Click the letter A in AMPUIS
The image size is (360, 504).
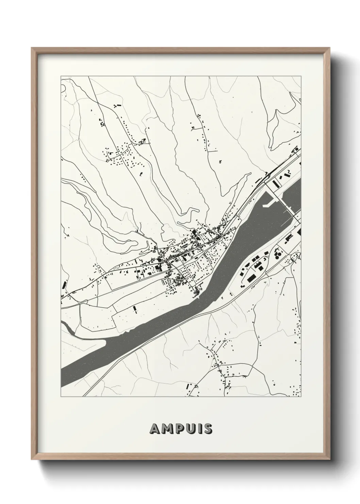(154, 429)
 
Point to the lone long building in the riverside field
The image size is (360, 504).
(134, 309)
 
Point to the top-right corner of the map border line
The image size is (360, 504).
(301, 77)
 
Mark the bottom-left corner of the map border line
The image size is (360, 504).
(61, 397)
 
